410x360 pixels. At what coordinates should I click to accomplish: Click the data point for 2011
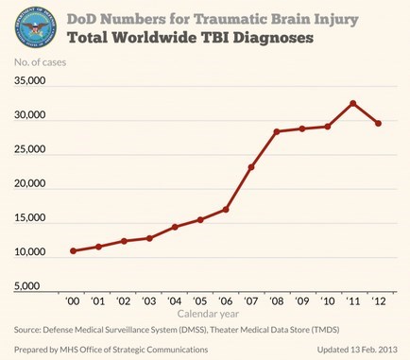click(352, 103)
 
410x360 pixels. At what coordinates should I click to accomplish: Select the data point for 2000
click(74, 250)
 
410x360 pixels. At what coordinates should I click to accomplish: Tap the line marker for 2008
click(276, 131)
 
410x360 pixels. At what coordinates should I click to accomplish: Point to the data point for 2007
click(250, 167)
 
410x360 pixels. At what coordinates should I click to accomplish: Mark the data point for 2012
click(378, 123)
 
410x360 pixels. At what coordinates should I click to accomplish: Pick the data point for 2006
click(225, 209)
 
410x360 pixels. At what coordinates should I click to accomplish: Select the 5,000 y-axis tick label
click(33, 285)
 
